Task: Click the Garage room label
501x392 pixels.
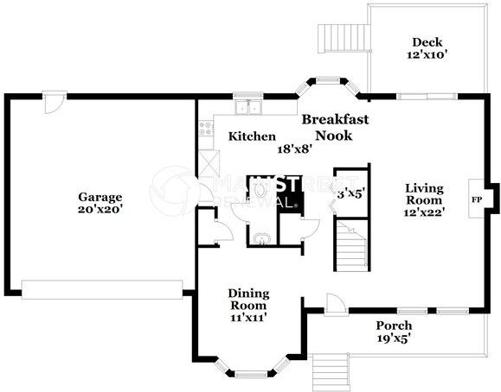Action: tap(100, 198)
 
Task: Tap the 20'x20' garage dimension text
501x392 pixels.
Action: tap(100, 210)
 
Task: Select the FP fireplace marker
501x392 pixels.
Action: tap(477, 199)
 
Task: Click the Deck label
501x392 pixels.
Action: tap(427, 42)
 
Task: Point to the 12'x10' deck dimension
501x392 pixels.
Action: tap(427, 55)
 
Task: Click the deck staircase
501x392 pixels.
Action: tap(344, 39)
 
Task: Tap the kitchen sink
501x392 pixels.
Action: tap(248, 107)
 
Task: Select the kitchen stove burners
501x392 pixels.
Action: tap(205, 129)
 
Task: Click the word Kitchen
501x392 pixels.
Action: tap(252, 136)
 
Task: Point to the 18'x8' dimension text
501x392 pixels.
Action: tap(294, 149)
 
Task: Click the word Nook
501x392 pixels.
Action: tap(334, 136)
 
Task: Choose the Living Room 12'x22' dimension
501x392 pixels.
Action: tap(424, 212)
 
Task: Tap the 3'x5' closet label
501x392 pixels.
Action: tap(350, 193)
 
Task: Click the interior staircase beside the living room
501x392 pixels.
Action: tap(352, 245)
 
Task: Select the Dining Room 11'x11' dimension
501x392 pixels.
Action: tap(248, 318)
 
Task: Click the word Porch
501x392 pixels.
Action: tap(394, 326)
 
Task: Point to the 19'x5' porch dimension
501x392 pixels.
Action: tap(394, 338)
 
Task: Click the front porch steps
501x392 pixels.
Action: tap(331, 372)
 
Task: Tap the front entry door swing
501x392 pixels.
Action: tap(335, 304)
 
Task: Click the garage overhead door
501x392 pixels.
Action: tap(102, 289)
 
